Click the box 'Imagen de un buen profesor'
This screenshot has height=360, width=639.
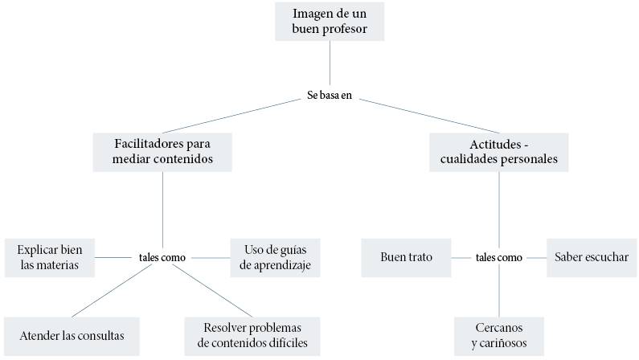click(x=330, y=22)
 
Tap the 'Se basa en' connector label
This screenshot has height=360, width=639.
click(x=330, y=96)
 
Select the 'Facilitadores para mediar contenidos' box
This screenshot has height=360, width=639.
click(x=162, y=151)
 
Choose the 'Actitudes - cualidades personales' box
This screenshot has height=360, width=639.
click(x=498, y=151)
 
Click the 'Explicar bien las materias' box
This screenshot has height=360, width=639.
click(x=49, y=257)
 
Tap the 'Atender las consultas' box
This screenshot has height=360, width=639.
click(x=72, y=336)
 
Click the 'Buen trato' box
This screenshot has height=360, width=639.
click(x=406, y=257)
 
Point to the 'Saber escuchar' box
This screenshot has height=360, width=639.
click(x=592, y=257)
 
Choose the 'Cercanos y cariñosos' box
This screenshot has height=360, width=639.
click(x=498, y=336)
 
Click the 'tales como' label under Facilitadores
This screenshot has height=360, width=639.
click(x=162, y=258)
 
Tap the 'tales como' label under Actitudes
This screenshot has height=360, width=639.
click(x=498, y=258)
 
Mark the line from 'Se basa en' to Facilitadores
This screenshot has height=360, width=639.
click(x=233, y=116)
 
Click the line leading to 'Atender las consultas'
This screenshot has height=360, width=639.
click(x=113, y=291)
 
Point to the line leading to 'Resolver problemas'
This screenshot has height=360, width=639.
click(x=213, y=291)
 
